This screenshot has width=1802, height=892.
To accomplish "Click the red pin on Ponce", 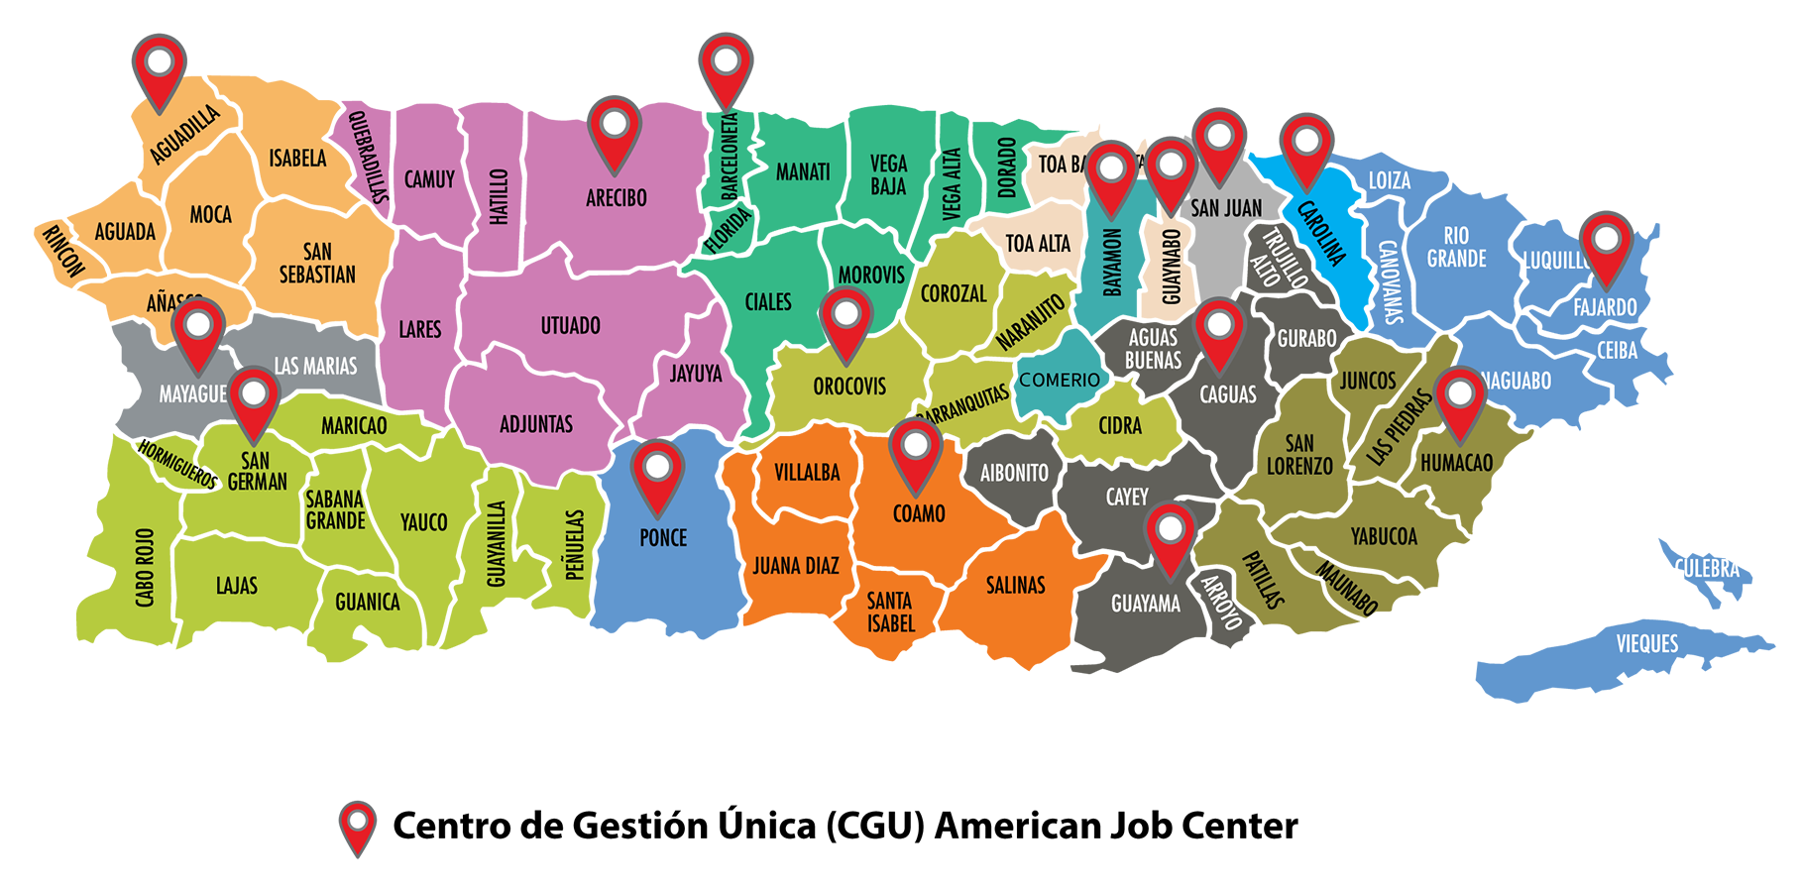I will [x=657, y=472].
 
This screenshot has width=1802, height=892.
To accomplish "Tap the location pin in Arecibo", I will [x=615, y=129].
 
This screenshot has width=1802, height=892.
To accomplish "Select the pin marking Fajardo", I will [x=1606, y=244].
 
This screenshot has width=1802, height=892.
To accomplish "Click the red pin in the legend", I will [x=358, y=825].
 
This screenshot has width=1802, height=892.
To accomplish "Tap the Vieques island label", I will [x=1646, y=644].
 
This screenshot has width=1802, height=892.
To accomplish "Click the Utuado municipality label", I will [x=570, y=326].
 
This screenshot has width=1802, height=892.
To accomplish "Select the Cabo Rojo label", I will [x=146, y=567].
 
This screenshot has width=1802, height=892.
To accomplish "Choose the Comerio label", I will [x=1060, y=380].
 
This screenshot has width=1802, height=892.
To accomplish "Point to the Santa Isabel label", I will [x=890, y=613].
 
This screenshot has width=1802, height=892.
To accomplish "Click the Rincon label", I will [x=62, y=252].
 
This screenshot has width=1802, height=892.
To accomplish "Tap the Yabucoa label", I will [x=1384, y=537].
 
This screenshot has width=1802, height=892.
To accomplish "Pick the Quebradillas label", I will [x=368, y=159].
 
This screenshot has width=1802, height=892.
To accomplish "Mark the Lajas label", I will [x=237, y=586].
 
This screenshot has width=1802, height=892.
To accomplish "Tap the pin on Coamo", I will [x=915, y=451].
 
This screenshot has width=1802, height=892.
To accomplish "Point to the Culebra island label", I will [x=1708, y=569].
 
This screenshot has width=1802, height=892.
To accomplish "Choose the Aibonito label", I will [x=1014, y=474].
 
